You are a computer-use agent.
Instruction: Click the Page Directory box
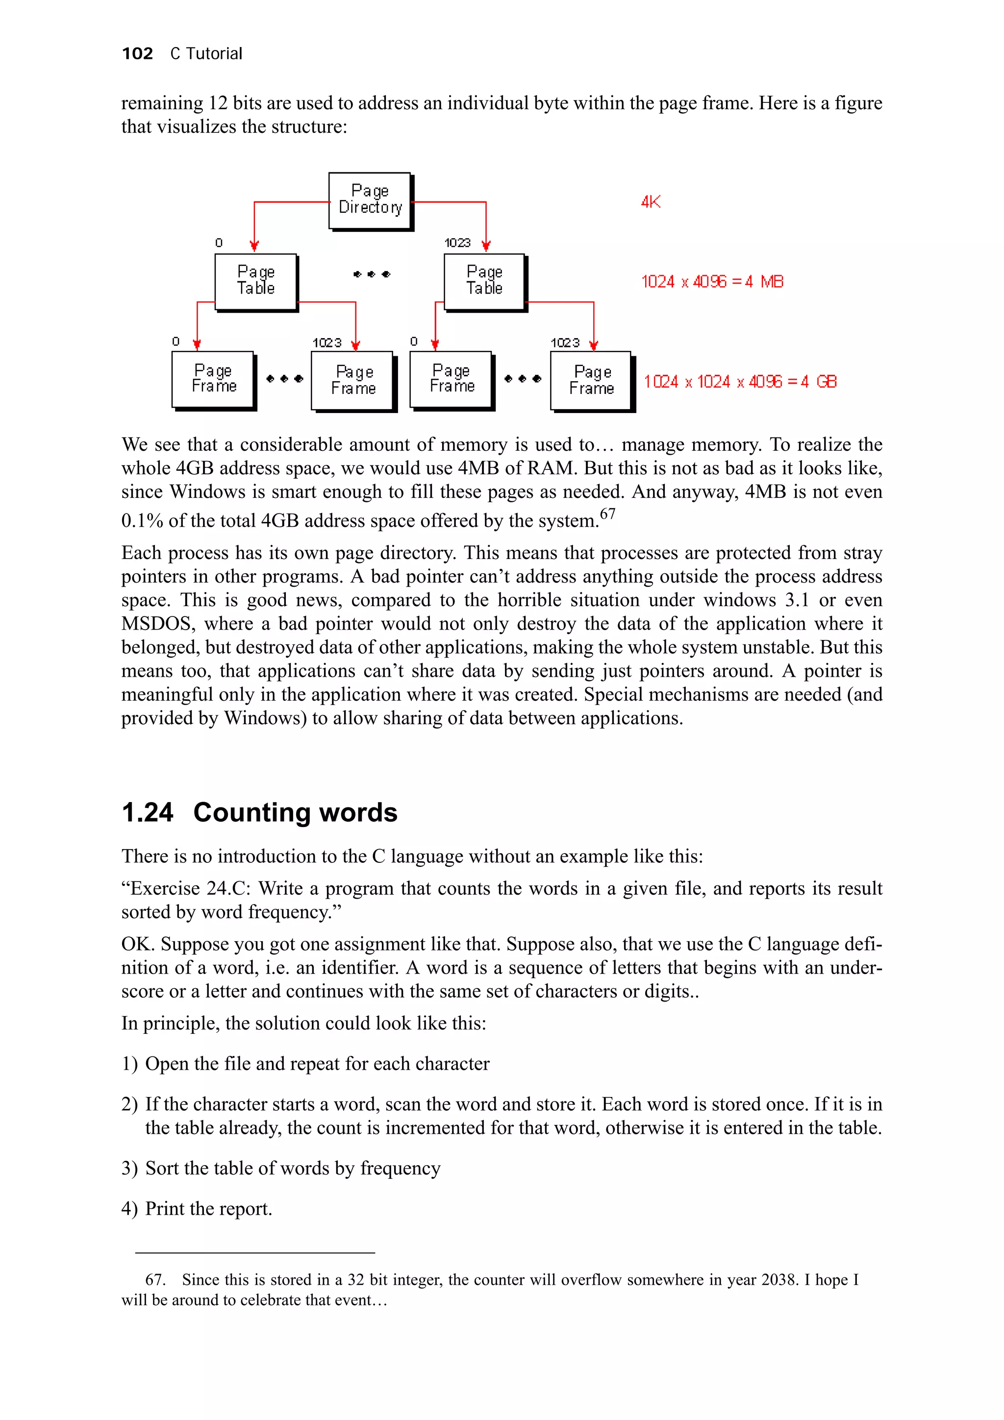point(370,200)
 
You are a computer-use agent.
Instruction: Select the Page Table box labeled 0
point(255,281)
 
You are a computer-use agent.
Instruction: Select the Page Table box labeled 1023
point(484,281)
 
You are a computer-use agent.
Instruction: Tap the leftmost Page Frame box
point(213,379)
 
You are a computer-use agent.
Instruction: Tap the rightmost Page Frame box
point(591,380)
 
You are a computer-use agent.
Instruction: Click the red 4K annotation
point(650,201)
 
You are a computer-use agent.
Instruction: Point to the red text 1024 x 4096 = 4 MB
point(712,282)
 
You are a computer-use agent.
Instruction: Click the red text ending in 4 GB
point(740,382)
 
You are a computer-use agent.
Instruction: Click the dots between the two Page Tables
point(371,274)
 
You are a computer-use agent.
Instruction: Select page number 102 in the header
point(137,54)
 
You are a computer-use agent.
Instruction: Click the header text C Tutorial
point(206,54)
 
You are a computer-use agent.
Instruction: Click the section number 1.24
point(147,813)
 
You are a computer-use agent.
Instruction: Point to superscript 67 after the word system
point(607,514)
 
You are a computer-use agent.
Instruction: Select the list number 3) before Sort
point(129,1168)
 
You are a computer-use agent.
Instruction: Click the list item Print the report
point(208,1208)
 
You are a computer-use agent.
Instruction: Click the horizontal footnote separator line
point(255,1252)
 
